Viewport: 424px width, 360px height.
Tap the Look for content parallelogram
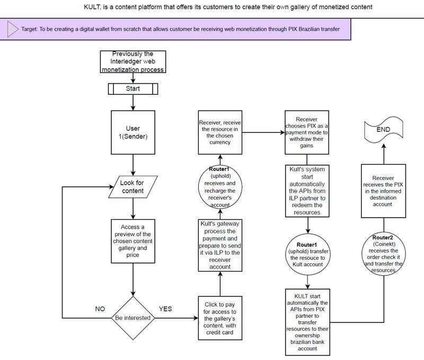coord(129,187)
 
